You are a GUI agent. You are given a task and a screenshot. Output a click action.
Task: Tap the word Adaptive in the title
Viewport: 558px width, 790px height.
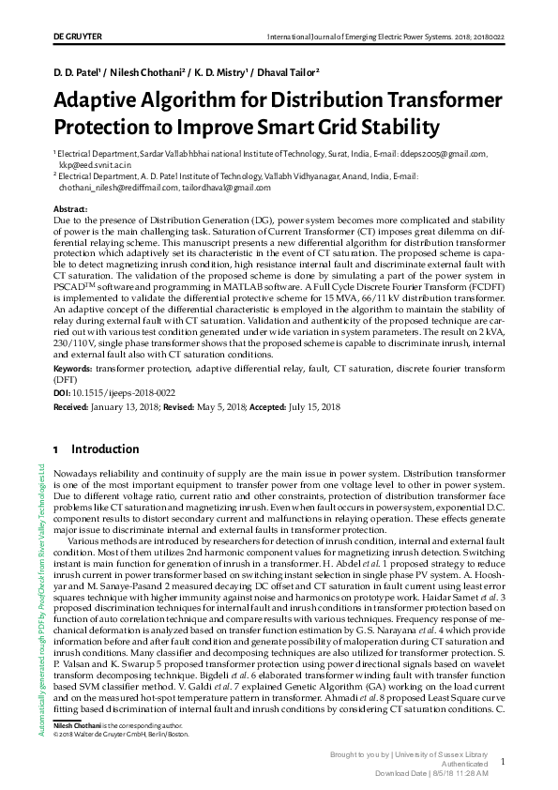104,99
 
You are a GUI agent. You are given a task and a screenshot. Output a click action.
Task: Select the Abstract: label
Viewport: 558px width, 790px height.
70,207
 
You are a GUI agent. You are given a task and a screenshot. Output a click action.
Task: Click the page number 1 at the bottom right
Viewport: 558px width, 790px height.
504,763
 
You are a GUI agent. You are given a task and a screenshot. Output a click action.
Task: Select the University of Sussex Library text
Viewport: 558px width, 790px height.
450,754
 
